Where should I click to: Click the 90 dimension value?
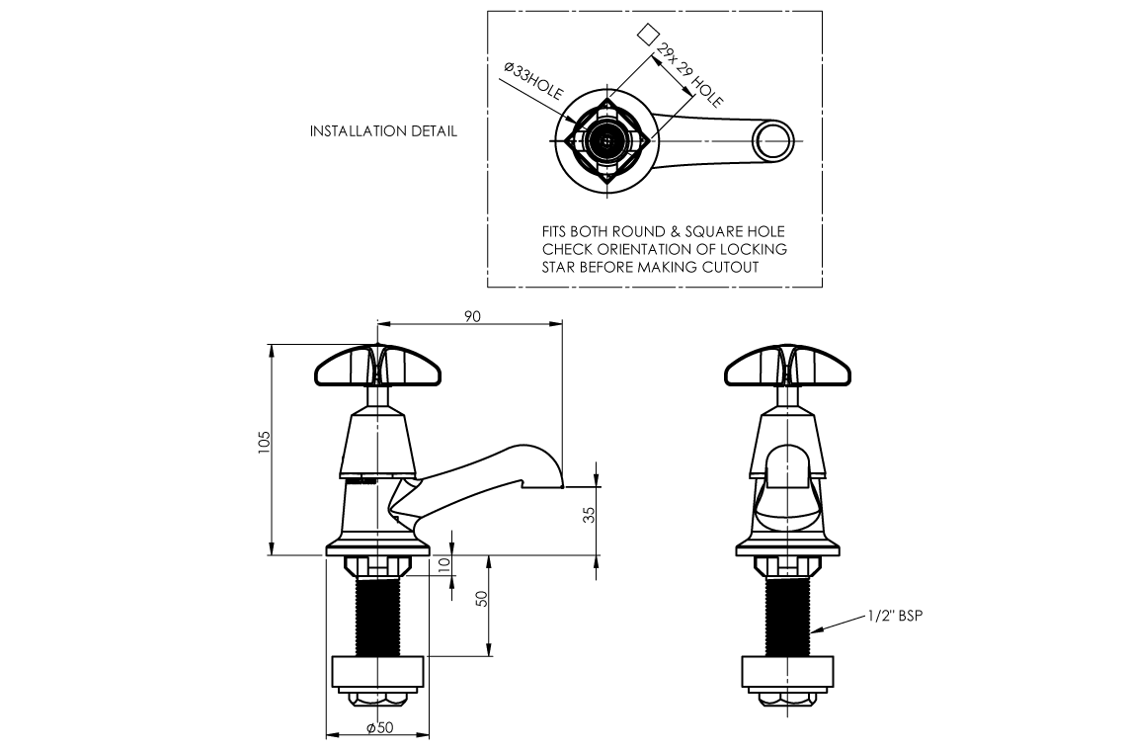pyautogui.click(x=472, y=316)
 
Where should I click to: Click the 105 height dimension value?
pyautogui.click(x=265, y=441)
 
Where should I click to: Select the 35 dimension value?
pyautogui.click(x=589, y=515)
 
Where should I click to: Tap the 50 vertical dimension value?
pyautogui.click(x=482, y=598)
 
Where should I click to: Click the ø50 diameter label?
pyautogui.click(x=380, y=727)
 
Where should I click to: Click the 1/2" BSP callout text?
pyautogui.click(x=895, y=616)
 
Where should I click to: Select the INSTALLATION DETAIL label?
pyautogui.click(x=383, y=130)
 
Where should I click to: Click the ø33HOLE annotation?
pyautogui.click(x=533, y=81)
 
